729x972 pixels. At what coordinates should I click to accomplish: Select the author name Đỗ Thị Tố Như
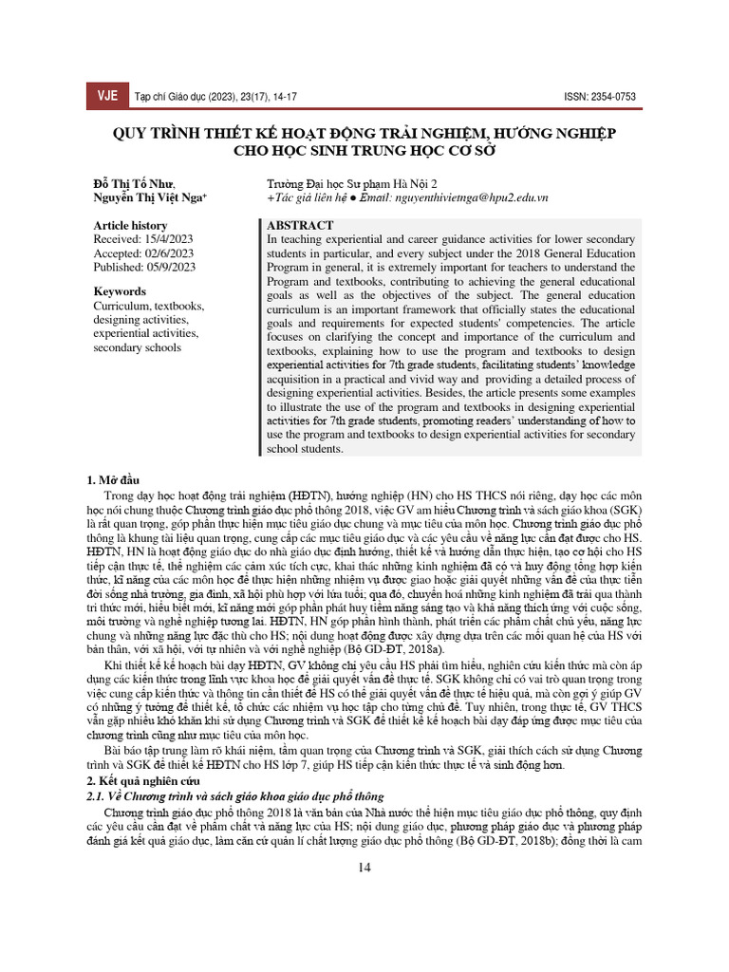point(133,183)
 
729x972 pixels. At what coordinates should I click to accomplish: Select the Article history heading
point(129,226)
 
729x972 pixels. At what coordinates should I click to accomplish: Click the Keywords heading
point(120,292)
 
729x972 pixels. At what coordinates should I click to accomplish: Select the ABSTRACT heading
point(300,226)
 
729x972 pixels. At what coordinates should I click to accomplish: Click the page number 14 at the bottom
point(364,868)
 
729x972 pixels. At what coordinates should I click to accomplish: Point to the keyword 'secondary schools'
point(137,347)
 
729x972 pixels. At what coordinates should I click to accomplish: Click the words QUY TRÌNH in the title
point(154,132)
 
